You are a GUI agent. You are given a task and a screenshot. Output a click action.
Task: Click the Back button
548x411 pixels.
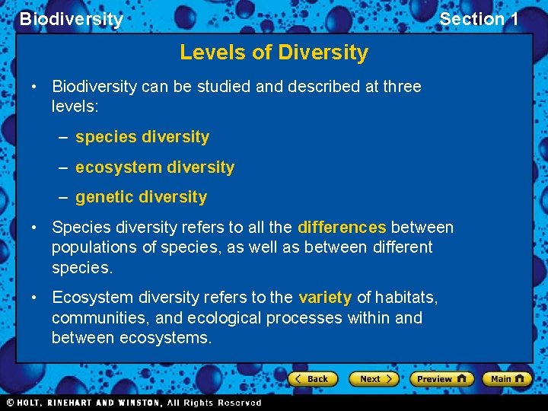pos(312,378)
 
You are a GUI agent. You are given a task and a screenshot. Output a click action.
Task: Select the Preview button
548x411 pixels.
pos(441,378)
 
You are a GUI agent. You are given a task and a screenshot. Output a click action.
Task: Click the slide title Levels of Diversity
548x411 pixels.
pos(273,53)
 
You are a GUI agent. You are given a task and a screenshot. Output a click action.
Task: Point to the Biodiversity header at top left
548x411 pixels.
pos(71,19)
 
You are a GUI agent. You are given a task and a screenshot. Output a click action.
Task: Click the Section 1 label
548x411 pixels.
pos(479,19)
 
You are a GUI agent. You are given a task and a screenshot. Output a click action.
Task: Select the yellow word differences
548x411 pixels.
pos(342,228)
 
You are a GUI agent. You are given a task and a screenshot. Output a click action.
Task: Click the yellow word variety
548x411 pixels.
pos(325,298)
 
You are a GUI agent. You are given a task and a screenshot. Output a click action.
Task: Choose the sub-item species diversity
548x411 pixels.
pos(142,137)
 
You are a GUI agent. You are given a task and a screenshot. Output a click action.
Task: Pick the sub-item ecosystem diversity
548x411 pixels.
pos(155,167)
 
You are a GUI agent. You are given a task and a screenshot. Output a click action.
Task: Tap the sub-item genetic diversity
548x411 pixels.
pos(141,197)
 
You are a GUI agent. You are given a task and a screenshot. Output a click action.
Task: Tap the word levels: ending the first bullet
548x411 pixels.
pos(75,107)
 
